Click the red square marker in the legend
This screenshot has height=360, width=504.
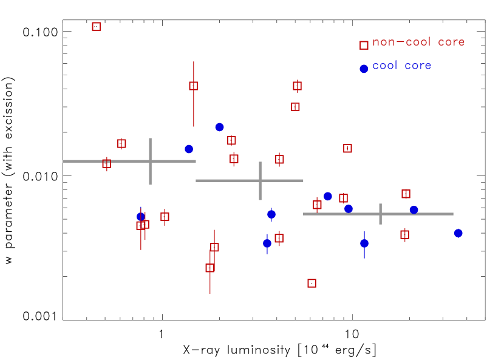click(x=364, y=45)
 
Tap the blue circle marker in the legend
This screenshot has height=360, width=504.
click(x=364, y=69)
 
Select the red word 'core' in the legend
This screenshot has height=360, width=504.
click(x=451, y=42)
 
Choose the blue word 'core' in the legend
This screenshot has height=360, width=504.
click(x=419, y=66)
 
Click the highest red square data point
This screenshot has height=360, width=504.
click(x=96, y=26)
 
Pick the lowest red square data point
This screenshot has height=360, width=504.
click(x=312, y=283)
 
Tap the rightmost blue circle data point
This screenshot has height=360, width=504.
click(x=458, y=233)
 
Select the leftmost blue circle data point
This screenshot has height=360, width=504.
click(x=141, y=216)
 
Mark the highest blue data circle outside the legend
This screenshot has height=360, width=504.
click(x=219, y=127)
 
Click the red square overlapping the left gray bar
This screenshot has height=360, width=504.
click(x=107, y=163)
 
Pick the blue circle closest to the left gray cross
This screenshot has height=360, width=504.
click(x=188, y=149)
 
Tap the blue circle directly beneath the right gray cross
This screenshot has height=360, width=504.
click(x=364, y=243)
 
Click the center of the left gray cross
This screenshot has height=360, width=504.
click(x=150, y=161)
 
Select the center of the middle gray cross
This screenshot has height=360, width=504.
click(x=260, y=180)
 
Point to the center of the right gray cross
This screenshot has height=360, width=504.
click(x=380, y=214)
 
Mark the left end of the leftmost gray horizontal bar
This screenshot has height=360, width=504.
click(x=64, y=161)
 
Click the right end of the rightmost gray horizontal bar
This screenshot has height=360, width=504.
click(x=453, y=214)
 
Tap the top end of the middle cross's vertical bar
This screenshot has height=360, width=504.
click(x=260, y=162)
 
